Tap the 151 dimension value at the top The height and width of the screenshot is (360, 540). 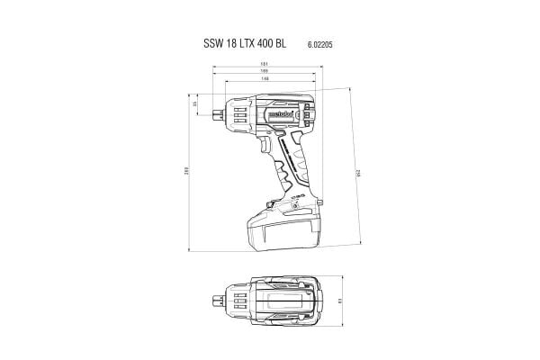point(265,62)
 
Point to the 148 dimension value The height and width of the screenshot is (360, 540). point(265,79)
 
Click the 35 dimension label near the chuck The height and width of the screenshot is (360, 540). point(195,106)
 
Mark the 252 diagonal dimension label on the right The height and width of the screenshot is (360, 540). point(357,171)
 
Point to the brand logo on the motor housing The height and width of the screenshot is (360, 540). point(276,115)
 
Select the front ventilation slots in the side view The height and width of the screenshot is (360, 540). point(238,115)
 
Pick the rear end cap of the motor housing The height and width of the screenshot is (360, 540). point(309,114)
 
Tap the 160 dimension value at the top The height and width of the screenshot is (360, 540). point(265,71)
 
